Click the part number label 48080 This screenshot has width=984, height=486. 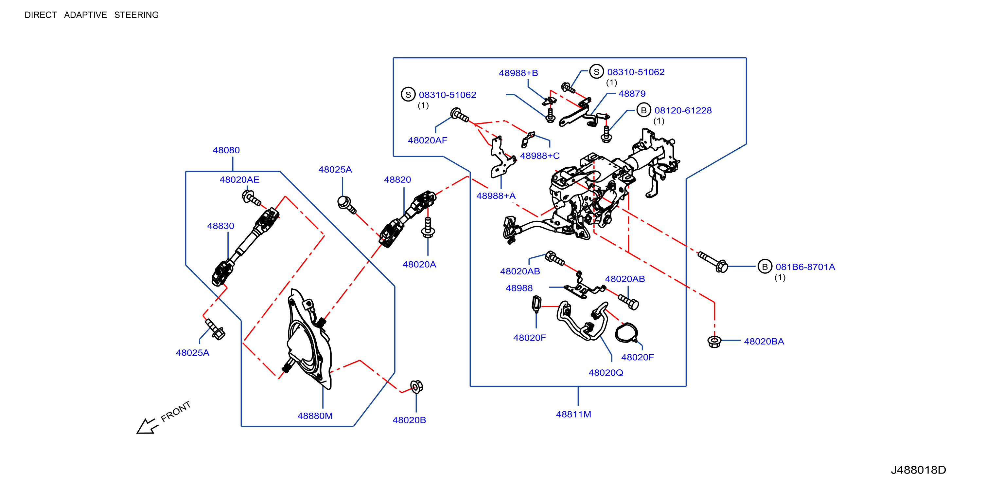[x=226, y=150]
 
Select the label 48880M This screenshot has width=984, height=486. [x=315, y=416]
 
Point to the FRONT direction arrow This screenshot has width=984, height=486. [x=147, y=426]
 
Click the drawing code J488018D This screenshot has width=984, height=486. [x=918, y=470]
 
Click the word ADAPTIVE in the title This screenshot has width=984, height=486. [x=86, y=15]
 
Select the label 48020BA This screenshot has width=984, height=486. [x=764, y=342]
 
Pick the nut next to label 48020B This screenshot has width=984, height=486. [x=416, y=386]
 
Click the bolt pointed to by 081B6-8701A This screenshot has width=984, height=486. [x=713, y=262]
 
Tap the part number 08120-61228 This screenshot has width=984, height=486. [x=683, y=110]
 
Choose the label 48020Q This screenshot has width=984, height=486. [x=606, y=372]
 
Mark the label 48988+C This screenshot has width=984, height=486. [x=540, y=156]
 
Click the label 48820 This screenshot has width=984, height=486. [x=397, y=180]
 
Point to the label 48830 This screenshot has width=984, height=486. [x=220, y=226]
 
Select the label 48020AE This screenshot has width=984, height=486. [x=239, y=180]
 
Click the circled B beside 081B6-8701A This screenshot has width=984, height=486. [x=765, y=267]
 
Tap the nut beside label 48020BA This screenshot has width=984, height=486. [x=714, y=342]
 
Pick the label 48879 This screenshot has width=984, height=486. [x=632, y=94]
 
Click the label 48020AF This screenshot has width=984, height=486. [x=428, y=140]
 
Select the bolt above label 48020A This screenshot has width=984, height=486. [x=428, y=228]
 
